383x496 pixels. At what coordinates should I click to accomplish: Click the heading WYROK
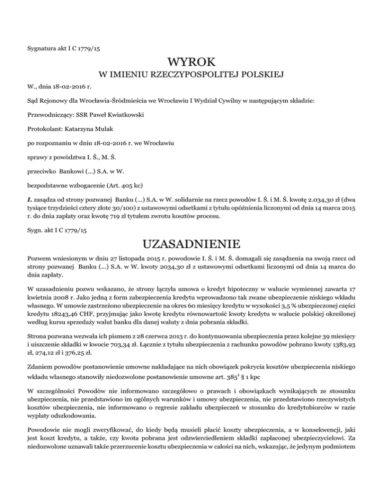point(191,63)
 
